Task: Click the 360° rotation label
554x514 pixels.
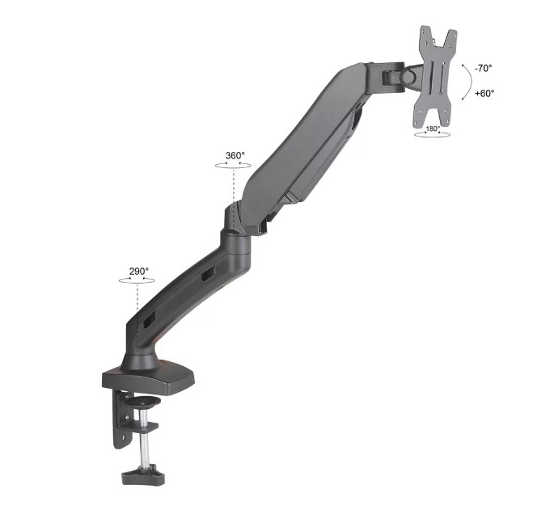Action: (235, 155)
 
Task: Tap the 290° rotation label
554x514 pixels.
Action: (139, 271)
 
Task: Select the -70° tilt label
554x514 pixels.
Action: (483, 68)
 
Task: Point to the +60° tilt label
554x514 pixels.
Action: (484, 93)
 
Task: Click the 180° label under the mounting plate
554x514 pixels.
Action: (433, 128)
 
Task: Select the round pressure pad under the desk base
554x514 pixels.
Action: (143, 402)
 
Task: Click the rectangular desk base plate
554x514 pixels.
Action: (148, 377)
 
